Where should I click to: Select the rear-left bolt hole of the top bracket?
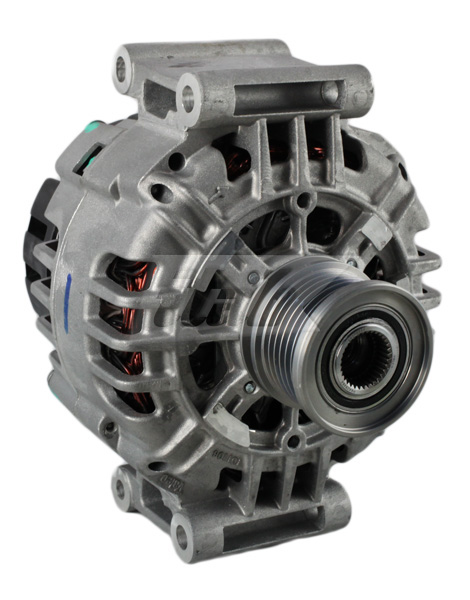pos(124,69)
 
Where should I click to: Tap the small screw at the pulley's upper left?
pos(252,277)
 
